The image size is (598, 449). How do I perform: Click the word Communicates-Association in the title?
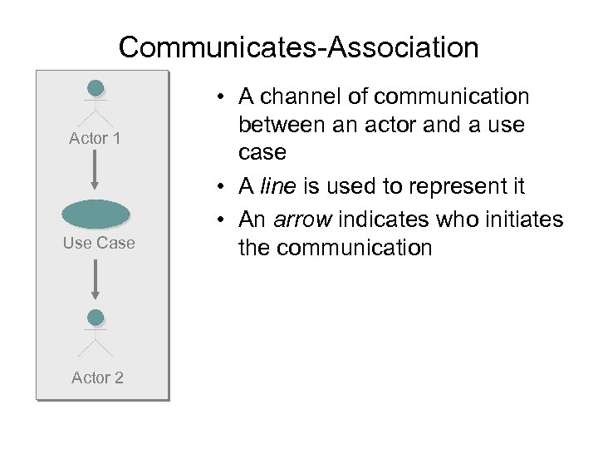click(x=298, y=47)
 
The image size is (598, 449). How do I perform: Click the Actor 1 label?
click(x=95, y=138)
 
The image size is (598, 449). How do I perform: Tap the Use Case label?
click(x=98, y=243)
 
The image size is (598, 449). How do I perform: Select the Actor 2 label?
click(x=97, y=377)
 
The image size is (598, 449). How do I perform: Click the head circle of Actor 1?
click(x=96, y=88)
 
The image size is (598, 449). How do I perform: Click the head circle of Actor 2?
click(x=96, y=317)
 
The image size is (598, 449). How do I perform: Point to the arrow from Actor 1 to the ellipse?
click(x=96, y=170)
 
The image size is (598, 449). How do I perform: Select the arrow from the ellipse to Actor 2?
click(x=96, y=279)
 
